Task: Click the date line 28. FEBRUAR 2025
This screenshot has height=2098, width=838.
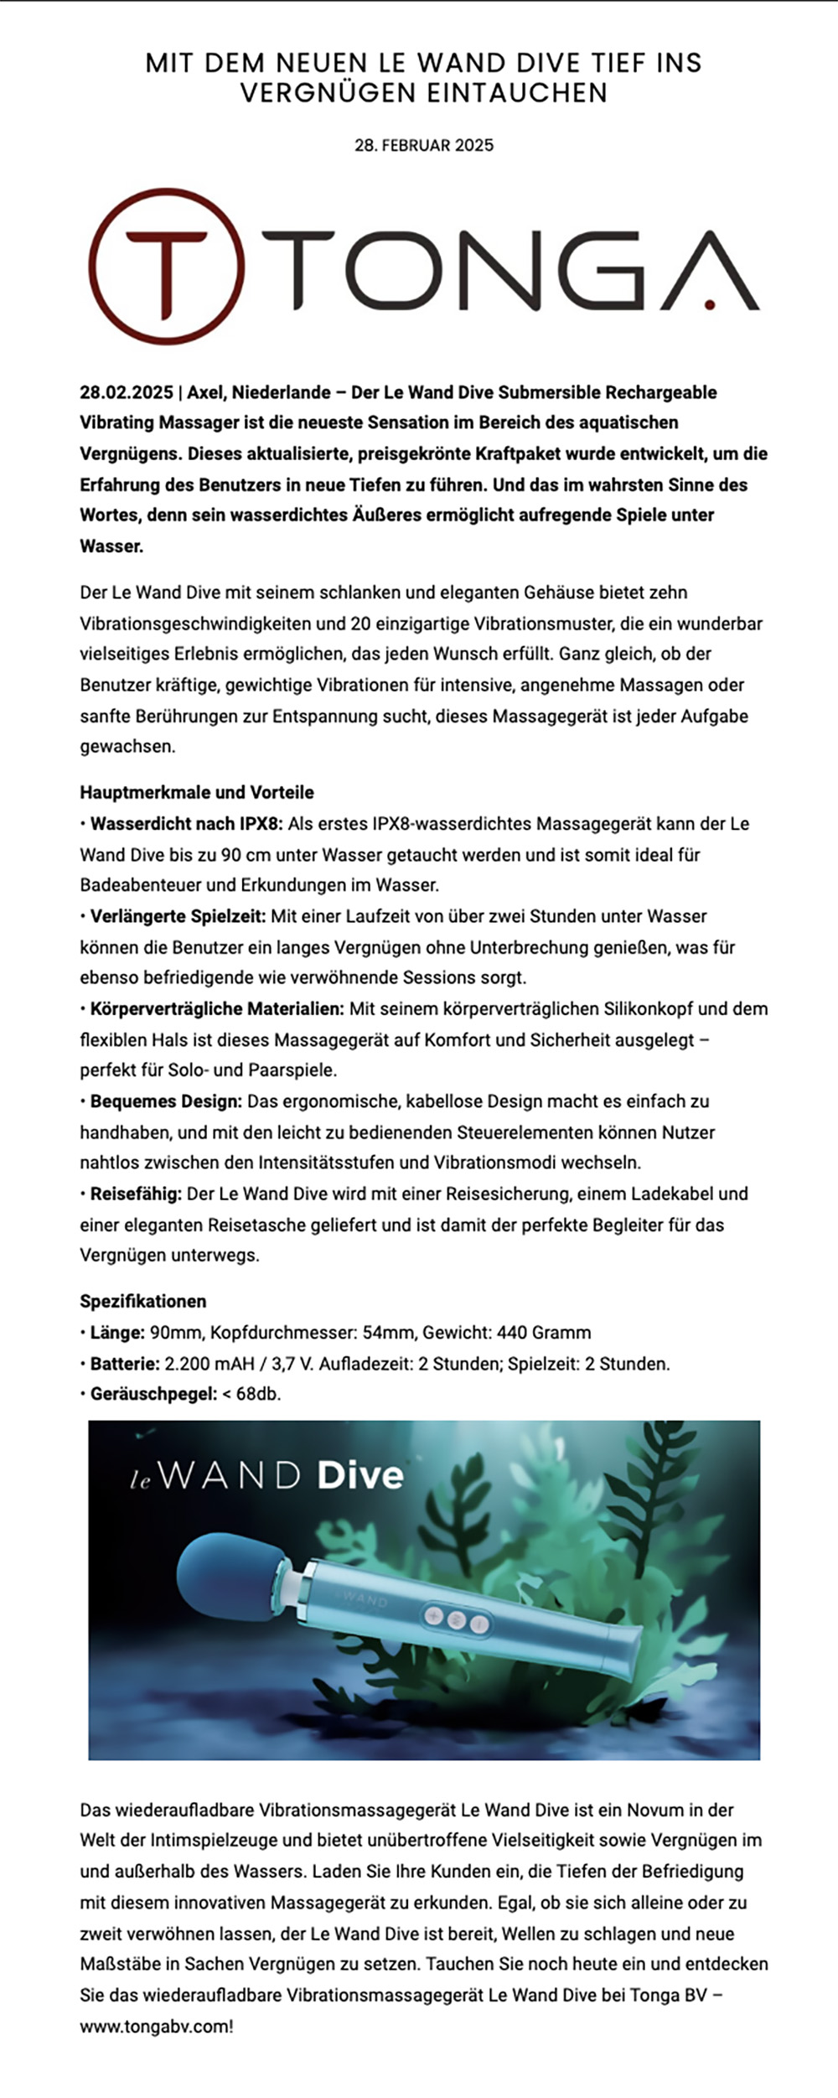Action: click(424, 145)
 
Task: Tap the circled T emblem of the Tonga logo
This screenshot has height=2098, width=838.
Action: click(168, 267)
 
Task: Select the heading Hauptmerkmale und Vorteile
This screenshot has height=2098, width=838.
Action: click(197, 792)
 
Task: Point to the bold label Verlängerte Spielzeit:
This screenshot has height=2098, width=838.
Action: click(178, 916)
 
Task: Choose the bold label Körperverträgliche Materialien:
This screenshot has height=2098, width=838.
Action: click(217, 1008)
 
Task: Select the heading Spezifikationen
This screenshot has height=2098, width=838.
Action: click(143, 1301)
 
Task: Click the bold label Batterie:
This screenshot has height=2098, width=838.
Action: click(125, 1364)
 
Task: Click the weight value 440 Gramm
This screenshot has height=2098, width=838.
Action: click(544, 1333)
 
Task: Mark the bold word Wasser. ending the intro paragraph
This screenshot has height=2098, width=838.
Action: click(111, 547)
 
